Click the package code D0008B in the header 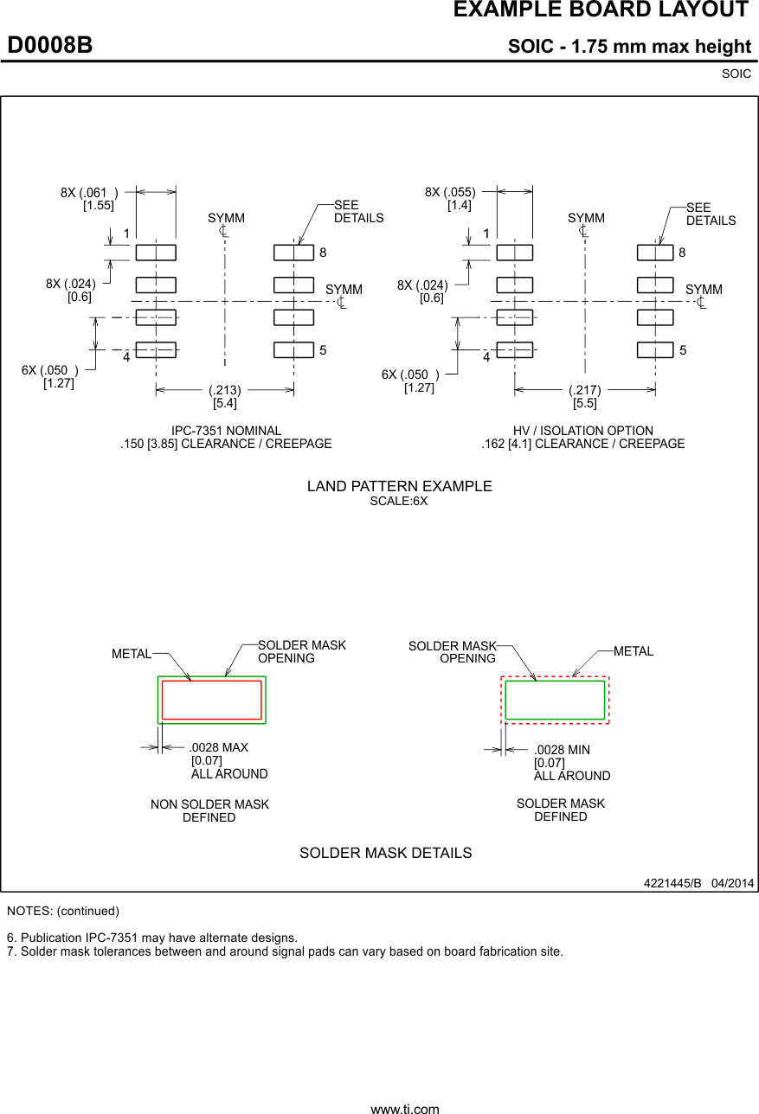pyautogui.click(x=50, y=46)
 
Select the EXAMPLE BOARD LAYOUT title pyautogui.click(x=600, y=10)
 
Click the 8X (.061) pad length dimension pyautogui.click(x=89, y=193)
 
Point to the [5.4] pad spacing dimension pyautogui.click(x=224, y=403)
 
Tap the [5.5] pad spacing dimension pyautogui.click(x=584, y=403)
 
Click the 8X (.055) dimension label pyautogui.click(x=450, y=193)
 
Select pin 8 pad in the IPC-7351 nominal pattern pyautogui.click(x=293, y=253)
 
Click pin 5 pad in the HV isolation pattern pyautogui.click(x=655, y=349)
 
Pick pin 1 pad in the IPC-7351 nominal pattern pyautogui.click(x=156, y=253)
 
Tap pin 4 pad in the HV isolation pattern pyautogui.click(x=514, y=349)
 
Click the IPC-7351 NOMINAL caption pyautogui.click(x=226, y=431)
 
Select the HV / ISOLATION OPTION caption pyautogui.click(x=582, y=431)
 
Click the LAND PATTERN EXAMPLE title pyautogui.click(x=399, y=486)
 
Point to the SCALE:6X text pyautogui.click(x=399, y=501)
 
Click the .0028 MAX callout pyautogui.click(x=219, y=747)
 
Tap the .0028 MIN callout pyautogui.click(x=562, y=750)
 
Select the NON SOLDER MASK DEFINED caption pyautogui.click(x=209, y=810)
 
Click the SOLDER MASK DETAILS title pyautogui.click(x=385, y=853)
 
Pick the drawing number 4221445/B pyautogui.click(x=672, y=883)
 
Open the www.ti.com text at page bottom pyautogui.click(x=404, y=1108)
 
